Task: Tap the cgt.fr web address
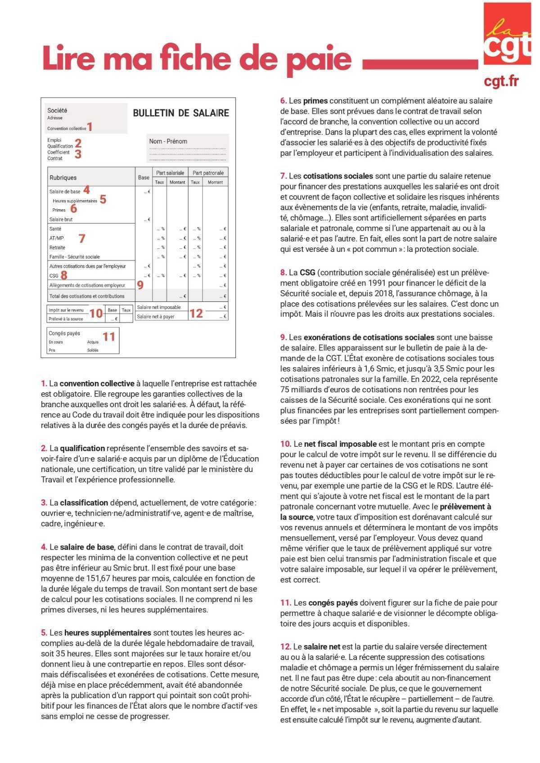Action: [501, 81]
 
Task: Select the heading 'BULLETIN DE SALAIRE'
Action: [181, 113]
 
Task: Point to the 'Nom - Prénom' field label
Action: [168, 141]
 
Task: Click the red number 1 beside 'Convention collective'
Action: [90, 127]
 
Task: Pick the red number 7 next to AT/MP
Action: [81, 238]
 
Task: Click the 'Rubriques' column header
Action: [63, 178]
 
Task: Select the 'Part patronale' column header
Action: [208, 173]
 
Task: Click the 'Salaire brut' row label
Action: [61, 220]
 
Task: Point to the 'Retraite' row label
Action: [57, 247]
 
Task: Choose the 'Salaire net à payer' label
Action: [155, 317]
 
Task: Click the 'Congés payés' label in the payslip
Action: [64, 333]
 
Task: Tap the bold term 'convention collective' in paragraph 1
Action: [97, 384]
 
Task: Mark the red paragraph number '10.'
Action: [285, 444]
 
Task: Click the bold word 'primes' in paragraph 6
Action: [315, 101]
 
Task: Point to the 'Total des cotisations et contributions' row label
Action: [87, 296]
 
